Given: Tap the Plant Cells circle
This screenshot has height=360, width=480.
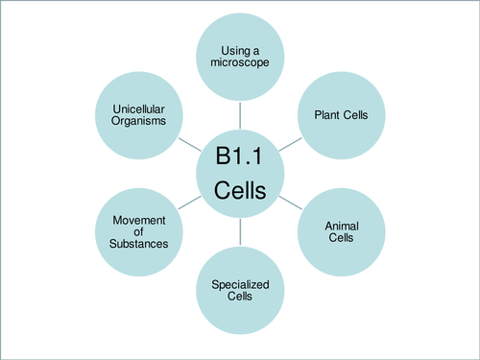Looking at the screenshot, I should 342,115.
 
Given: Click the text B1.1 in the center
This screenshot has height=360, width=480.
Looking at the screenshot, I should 240,156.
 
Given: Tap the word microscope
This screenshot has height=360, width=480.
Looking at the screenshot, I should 240,61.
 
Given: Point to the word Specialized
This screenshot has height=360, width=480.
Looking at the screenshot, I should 240,284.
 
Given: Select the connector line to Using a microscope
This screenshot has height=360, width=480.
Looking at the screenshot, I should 240,114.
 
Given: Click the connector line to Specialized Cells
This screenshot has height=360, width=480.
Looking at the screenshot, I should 240,236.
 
